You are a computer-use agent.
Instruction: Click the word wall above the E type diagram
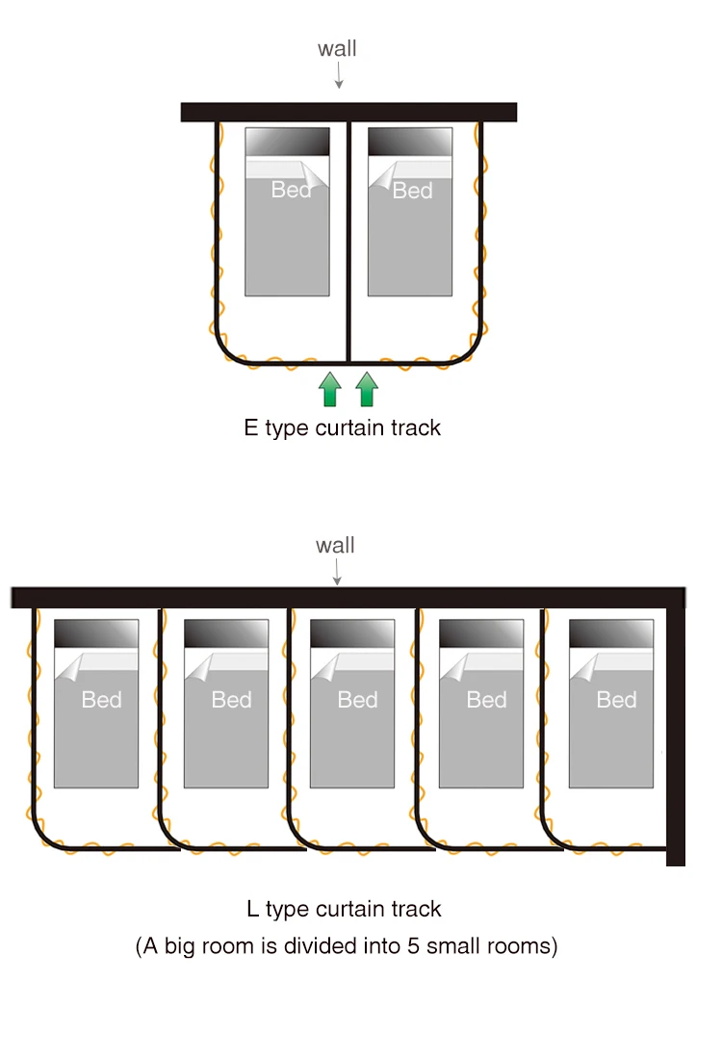click(337, 48)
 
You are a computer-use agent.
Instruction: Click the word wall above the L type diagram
click(335, 545)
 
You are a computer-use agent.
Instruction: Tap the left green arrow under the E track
click(330, 389)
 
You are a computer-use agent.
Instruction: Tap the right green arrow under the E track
click(367, 389)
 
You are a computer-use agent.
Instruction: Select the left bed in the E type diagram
click(288, 211)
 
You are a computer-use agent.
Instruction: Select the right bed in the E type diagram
click(410, 211)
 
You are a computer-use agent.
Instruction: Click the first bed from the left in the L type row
click(96, 703)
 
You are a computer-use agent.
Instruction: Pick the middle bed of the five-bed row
click(352, 703)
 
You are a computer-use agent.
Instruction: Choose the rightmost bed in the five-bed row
click(611, 703)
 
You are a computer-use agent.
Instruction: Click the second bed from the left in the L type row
click(226, 703)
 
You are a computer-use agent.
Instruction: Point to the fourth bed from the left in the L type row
click(481, 703)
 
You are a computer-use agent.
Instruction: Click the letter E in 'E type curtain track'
click(251, 427)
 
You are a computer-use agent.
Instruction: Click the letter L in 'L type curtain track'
click(252, 909)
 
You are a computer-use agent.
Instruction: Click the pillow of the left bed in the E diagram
click(288, 142)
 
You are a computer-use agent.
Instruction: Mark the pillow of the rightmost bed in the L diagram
click(611, 633)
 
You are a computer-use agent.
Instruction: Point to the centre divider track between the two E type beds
click(348, 242)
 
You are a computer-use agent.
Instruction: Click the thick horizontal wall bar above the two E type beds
click(348, 112)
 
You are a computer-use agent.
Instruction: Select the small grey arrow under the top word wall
click(339, 75)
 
